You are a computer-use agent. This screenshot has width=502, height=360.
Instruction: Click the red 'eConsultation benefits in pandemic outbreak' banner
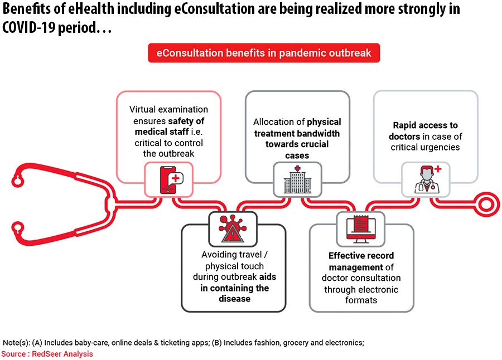click(x=264, y=53)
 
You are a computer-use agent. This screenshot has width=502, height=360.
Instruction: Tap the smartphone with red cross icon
click(x=171, y=180)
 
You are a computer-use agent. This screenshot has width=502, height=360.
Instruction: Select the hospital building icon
click(x=297, y=179)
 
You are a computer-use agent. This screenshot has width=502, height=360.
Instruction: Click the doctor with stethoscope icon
click(x=427, y=179)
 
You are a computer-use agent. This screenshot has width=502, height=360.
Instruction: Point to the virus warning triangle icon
click(x=233, y=228)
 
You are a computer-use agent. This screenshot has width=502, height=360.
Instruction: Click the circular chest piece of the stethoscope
click(x=486, y=204)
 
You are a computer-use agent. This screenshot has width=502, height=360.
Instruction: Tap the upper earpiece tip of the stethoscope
click(x=17, y=180)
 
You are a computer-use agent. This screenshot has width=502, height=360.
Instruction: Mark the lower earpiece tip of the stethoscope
click(x=17, y=229)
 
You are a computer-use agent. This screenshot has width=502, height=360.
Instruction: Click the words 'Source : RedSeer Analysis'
click(x=47, y=354)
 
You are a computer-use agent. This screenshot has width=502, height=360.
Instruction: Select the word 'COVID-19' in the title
click(x=28, y=27)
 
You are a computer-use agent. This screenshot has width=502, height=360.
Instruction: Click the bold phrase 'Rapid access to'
click(x=425, y=125)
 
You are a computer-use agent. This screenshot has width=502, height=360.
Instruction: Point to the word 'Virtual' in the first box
click(x=142, y=109)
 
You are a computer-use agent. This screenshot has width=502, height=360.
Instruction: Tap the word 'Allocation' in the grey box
click(x=272, y=122)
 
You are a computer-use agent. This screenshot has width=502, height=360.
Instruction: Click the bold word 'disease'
click(x=234, y=299)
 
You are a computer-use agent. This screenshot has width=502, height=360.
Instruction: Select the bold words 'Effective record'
click(x=361, y=256)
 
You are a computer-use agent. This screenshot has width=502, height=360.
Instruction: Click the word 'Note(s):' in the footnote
click(x=16, y=343)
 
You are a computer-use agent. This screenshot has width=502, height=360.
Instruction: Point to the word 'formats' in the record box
click(x=361, y=300)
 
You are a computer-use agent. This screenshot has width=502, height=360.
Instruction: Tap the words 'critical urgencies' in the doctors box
click(x=425, y=147)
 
